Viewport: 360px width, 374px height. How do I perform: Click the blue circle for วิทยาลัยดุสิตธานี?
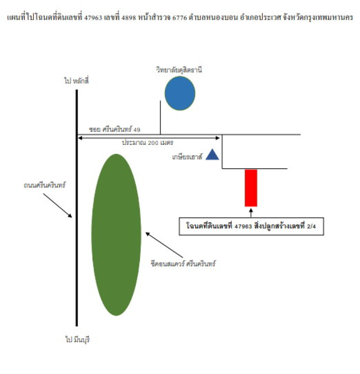click(180, 93)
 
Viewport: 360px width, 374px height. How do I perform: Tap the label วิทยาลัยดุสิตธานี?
click(179, 70)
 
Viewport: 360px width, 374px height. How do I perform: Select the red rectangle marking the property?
click(251, 188)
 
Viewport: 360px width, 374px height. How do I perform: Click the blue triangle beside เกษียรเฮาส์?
click(212, 154)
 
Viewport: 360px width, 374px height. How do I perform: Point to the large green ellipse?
click(116, 235)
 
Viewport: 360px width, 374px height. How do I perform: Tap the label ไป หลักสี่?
click(76, 80)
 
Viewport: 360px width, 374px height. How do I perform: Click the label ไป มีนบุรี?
click(78, 339)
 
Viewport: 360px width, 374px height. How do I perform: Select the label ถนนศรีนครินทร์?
click(44, 185)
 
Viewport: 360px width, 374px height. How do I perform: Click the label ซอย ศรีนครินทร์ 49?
click(114, 129)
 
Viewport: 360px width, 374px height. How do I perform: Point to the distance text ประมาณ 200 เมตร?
click(148, 143)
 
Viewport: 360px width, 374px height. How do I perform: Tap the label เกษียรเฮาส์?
click(187, 157)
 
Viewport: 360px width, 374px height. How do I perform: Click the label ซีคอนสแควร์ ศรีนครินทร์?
click(183, 264)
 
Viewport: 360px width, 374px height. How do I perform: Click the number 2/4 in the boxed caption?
click(311, 226)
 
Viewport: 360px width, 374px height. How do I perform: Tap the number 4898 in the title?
click(129, 18)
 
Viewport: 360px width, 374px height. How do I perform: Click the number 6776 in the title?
click(180, 18)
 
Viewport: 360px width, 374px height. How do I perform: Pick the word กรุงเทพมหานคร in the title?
click(330, 17)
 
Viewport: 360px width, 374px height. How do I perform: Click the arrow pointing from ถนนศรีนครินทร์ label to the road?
click(57, 206)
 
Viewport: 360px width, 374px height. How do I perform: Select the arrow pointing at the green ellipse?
click(164, 245)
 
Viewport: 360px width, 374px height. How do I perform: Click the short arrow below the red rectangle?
click(251, 213)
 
